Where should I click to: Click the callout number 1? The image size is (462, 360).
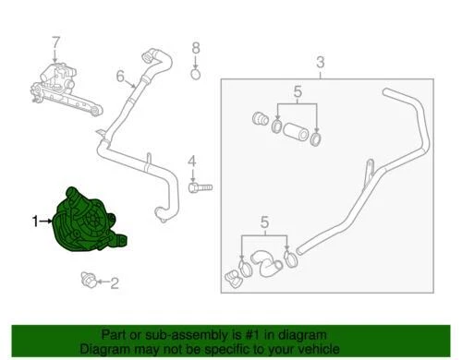click(x=35, y=222)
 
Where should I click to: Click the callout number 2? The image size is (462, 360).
click(x=115, y=284)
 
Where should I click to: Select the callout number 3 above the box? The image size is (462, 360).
click(x=321, y=63)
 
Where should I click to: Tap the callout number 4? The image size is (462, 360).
click(x=192, y=163)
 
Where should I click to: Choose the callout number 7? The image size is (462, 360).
click(x=55, y=42)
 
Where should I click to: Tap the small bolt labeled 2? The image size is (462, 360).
click(x=90, y=278)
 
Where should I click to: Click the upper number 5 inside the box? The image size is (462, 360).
click(x=298, y=91)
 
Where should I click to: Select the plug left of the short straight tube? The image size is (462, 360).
click(x=260, y=119)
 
